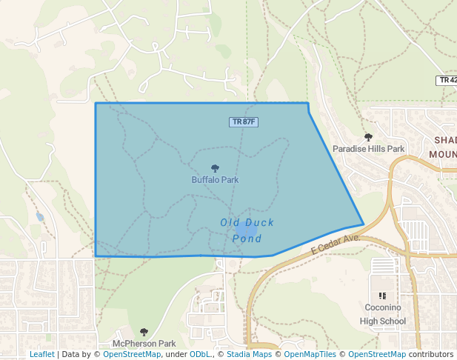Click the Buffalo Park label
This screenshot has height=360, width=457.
(x=215, y=179)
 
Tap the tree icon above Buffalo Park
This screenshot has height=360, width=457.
(x=215, y=169)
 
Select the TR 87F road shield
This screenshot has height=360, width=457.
(x=244, y=121)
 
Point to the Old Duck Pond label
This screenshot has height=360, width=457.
(x=247, y=230)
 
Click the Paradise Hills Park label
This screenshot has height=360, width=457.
(x=368, y=149)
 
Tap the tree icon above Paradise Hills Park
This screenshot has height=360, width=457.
(x=368, y=137)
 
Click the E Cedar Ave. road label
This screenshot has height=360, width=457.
(x=335, y=244)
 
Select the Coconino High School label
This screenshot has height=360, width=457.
(x=382, y=314)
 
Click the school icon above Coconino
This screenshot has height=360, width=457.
(x=382, y=296)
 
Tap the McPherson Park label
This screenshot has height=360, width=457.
(x=144, y=344)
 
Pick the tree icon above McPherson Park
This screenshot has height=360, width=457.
(x=144, y=333)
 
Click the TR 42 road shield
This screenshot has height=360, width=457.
(x=447, y=79)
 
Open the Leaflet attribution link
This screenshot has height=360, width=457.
(x=41, y=354)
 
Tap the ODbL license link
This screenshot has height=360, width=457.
(x=200, y=354)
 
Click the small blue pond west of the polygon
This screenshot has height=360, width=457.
(x=39, y=217)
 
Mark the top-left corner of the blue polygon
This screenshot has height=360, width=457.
(x=96, y=104)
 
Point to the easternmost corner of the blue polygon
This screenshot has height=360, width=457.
(x=363, y=224)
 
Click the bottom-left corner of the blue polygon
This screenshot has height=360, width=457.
(x=96, y=256)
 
